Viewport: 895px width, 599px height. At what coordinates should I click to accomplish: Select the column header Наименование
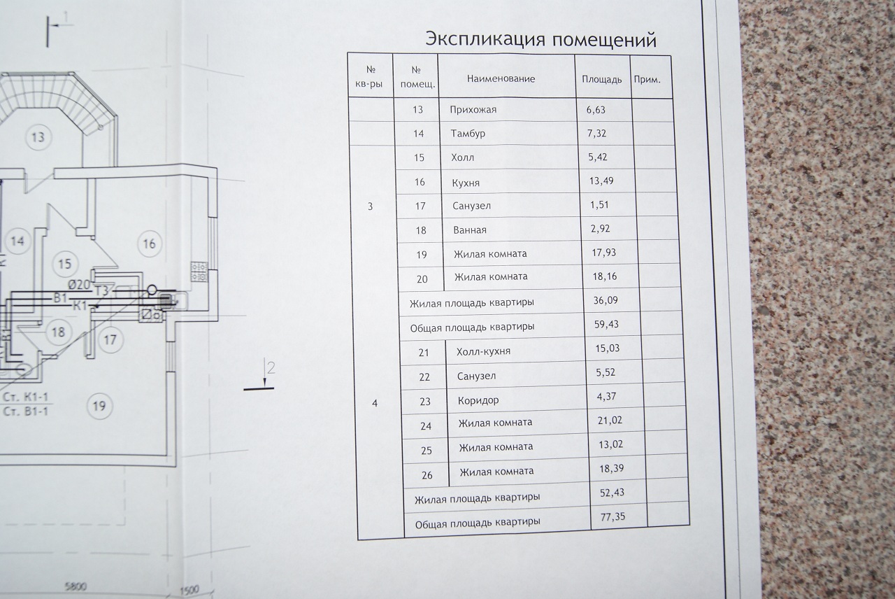tap(501, 79)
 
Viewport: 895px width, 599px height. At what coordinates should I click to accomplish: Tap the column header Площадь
tap(601, 79)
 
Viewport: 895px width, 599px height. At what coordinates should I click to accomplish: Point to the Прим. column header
tap(647, 80)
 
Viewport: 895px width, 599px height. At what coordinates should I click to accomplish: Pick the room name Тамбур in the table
tap(468, 134)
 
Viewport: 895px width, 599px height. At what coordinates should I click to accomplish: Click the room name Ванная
tap(469, 230)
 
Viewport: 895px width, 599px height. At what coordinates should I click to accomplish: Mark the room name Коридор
tap(478, 401)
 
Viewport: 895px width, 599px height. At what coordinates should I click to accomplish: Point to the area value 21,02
tap(610, 420)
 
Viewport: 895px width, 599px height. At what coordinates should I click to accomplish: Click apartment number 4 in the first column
tap(375, 404)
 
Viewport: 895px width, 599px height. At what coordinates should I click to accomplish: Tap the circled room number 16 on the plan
tap(148, 244)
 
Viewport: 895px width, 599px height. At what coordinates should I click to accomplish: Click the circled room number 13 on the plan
tap(38, 136)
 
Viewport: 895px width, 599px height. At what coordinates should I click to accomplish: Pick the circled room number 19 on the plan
tap(102, 405)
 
